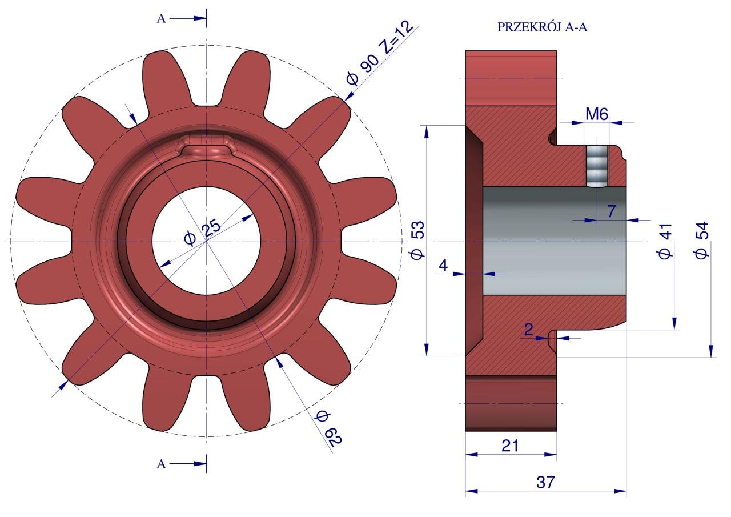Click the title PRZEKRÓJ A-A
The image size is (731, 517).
[x=542, y=27]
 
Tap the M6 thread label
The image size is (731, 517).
[x=597, y=114]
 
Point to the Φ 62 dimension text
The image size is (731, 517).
[x=328, y=428]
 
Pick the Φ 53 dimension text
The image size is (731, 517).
[x=418, y=240]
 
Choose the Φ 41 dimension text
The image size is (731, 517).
[x=665, y=241]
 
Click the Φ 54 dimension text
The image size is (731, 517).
[x=702, y=241]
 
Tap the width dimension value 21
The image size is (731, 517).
[x=510, y=446]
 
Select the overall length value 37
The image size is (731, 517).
[x=545, y=482]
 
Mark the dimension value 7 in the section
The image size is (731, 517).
[x=611, y=211]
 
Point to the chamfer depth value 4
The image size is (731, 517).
[x=443, y=265]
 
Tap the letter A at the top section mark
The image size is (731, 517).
[x=161, y=19]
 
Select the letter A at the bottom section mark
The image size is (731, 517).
[x=161, y=464]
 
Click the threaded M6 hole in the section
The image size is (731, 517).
[x=597, y=166]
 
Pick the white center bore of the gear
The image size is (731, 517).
[x=206, y=241]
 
